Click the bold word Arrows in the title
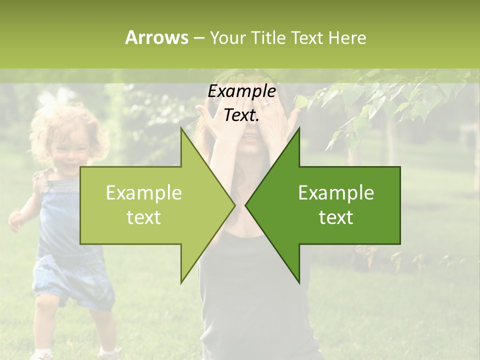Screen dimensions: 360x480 156,37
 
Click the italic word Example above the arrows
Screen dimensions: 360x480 241,91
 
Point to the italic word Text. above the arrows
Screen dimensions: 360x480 241,115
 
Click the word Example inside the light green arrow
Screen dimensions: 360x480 144,193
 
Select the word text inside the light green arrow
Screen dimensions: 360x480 144,217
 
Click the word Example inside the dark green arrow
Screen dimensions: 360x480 336,193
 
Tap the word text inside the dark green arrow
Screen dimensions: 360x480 336,217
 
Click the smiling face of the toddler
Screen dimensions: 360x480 70,150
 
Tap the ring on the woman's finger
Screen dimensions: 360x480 265,104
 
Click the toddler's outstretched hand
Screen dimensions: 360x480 16,220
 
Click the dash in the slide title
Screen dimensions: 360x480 198,38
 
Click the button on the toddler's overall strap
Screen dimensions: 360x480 45,189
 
